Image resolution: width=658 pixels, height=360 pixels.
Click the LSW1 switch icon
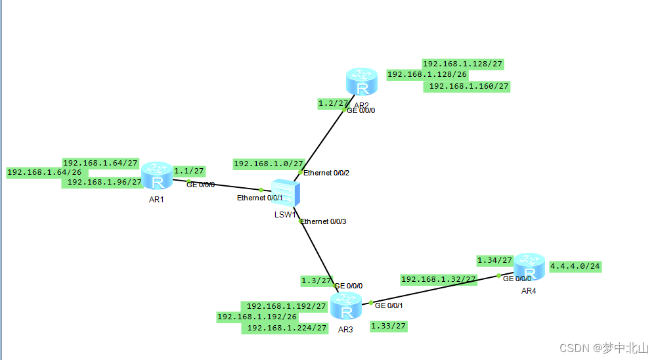click(x=287, y=193)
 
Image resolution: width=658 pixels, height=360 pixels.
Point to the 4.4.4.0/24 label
click(x=575, y=267)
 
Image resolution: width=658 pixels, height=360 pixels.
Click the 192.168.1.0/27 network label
click(x=269, y=164)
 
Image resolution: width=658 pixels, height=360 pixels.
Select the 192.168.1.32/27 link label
click(x=438, y=279)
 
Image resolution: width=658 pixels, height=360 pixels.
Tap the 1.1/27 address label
click(x=188, y=169)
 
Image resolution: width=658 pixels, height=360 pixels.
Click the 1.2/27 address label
click(x=333, y=103)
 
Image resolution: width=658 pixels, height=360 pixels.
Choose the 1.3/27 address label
click(x=316, y=281)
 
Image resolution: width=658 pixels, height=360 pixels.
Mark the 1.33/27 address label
click(x=388, y=326)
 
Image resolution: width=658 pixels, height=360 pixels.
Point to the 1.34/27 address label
click(x=494, y=260)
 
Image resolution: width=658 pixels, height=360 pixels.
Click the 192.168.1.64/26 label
click(x=44, y=172)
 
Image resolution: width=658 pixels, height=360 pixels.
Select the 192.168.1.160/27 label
click(x=469, y=86)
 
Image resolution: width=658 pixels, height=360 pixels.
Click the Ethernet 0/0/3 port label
click(x=323, y=221)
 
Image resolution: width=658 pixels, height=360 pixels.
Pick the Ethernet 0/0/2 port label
click(x=326, y=173)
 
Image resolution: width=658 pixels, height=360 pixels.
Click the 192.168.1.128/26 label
click(x=427, y=75)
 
